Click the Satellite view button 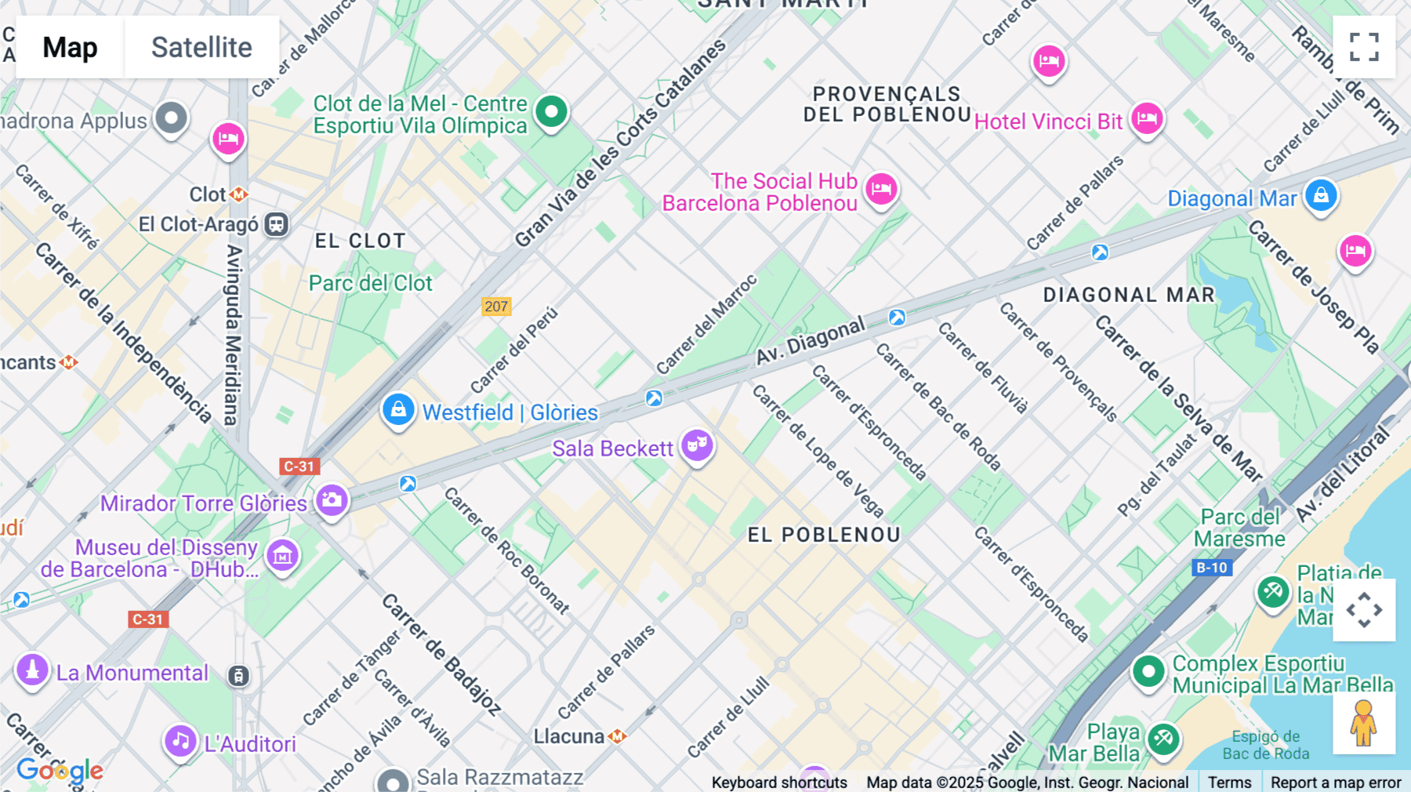(201, 47)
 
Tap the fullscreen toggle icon (1364, 47)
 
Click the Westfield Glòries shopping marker (398, 410)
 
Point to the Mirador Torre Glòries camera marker (332, 500)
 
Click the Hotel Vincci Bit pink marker (1147, 119)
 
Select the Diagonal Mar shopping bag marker (1321, 196)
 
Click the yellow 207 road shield (496, 307)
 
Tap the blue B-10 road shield (1211, 568)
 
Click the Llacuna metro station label (570, 736)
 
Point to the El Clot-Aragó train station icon (276, 224)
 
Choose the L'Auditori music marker (180, 740)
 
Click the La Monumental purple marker (32, 670)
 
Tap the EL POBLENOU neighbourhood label (824, 535)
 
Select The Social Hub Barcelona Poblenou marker (882, 189)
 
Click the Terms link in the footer (1229, 782)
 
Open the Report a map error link (1336, 782)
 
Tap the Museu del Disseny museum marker (282, 556)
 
